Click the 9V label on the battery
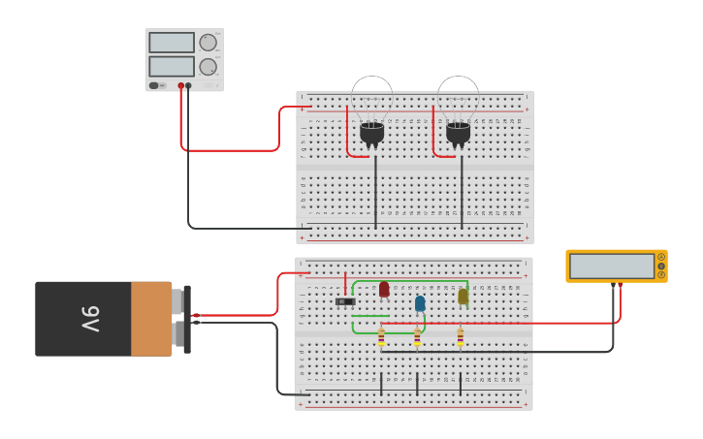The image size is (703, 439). pos(89,319)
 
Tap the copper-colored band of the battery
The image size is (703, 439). pos(151,319)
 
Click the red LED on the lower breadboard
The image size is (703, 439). pos(384,289)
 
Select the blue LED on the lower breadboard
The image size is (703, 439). pos(420,303)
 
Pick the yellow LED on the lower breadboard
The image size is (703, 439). pos(463,297)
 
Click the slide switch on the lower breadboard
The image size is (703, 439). pos(345,301)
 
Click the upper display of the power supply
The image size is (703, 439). pos(172,43)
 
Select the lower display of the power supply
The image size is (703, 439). pos(172,66)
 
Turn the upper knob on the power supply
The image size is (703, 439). pos(208,43)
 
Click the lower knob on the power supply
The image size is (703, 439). pos(208,67)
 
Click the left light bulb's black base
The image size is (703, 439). pos(372,133)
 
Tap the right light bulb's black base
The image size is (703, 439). pos(458,133)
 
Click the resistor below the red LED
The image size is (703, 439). pos(381,337)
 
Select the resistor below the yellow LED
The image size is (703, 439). pos(460,337)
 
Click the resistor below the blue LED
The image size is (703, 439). pos(417,337)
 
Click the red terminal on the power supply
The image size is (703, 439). pos(180,85)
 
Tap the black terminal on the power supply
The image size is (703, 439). pos(188,85)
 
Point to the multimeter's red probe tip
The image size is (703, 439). pos(621,286)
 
